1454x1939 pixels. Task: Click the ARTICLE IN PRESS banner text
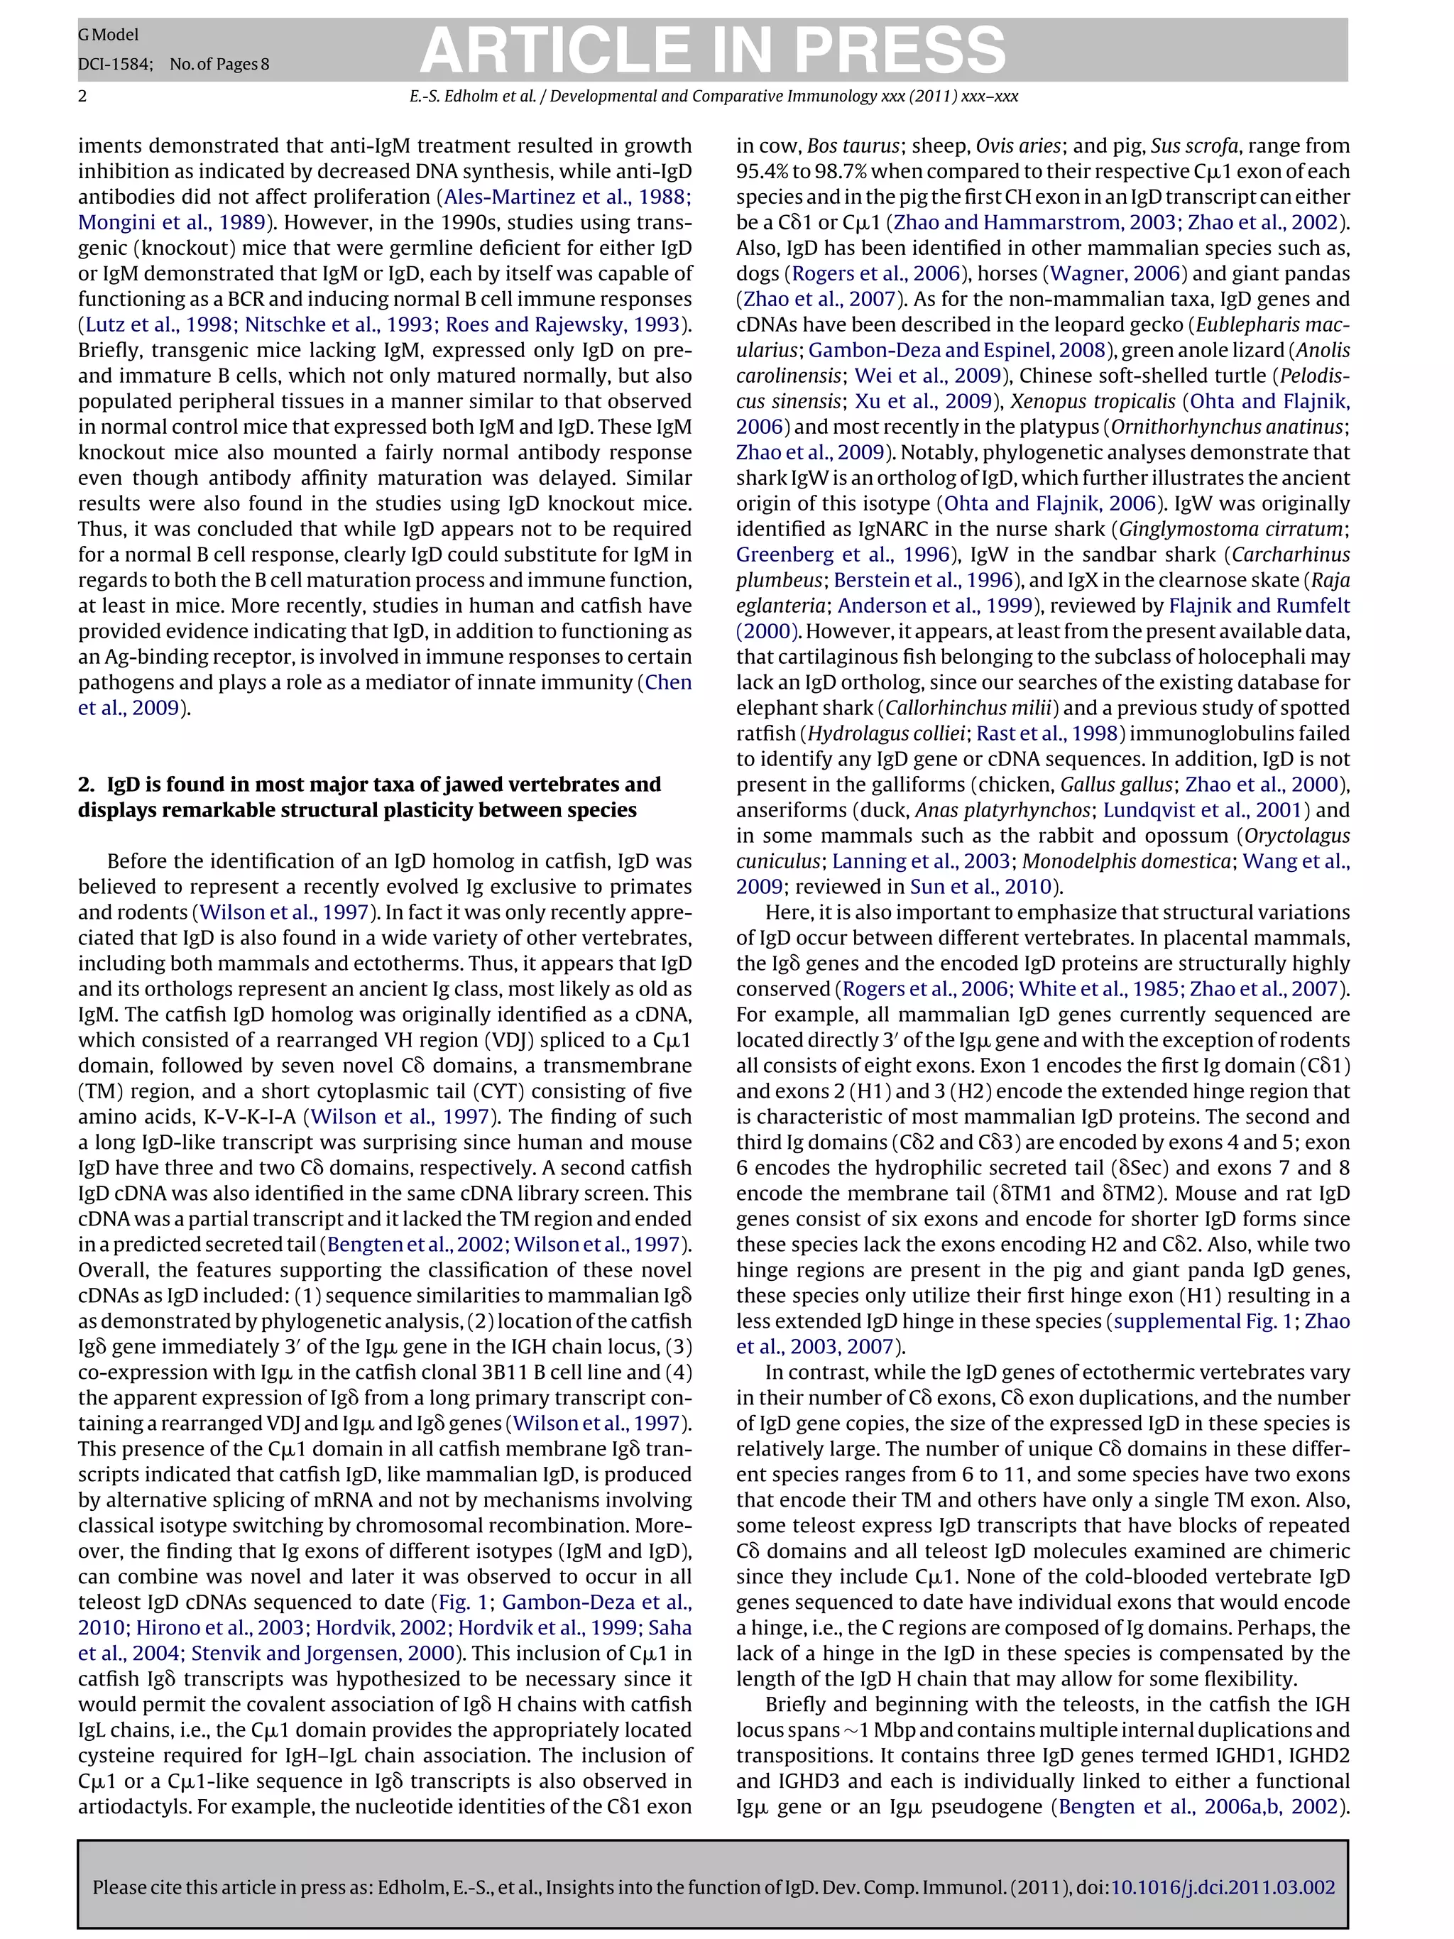pyautogui.click(x=713, y=50)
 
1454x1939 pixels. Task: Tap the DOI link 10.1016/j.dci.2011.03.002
pyautogui.click(x=1223, y=1887)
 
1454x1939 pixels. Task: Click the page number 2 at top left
pyautogui.click(x=82, y=97)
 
